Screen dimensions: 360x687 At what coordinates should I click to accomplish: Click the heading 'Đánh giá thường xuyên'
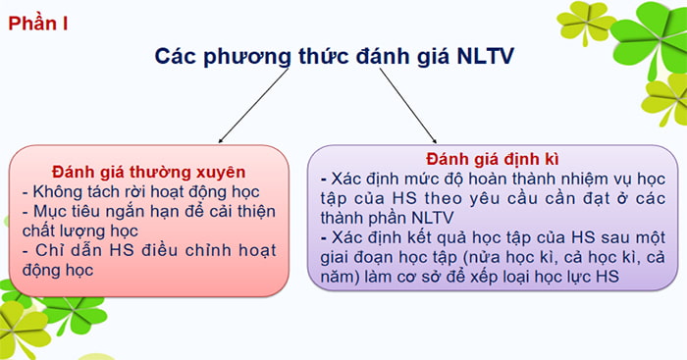pyautogui.click(x=148, y=171)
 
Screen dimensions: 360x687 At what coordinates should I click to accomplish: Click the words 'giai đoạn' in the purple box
pyautogui.click(x=354, y=259)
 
